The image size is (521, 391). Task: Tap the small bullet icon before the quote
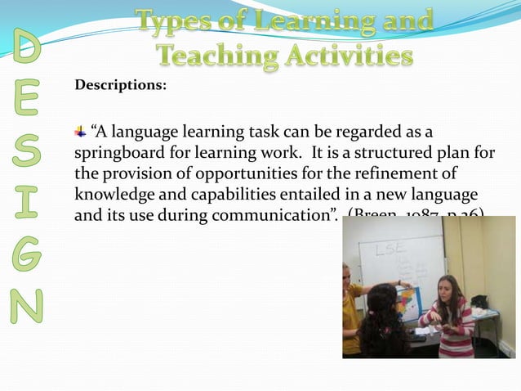coord(81,132)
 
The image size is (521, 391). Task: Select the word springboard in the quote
coord(119,154)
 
